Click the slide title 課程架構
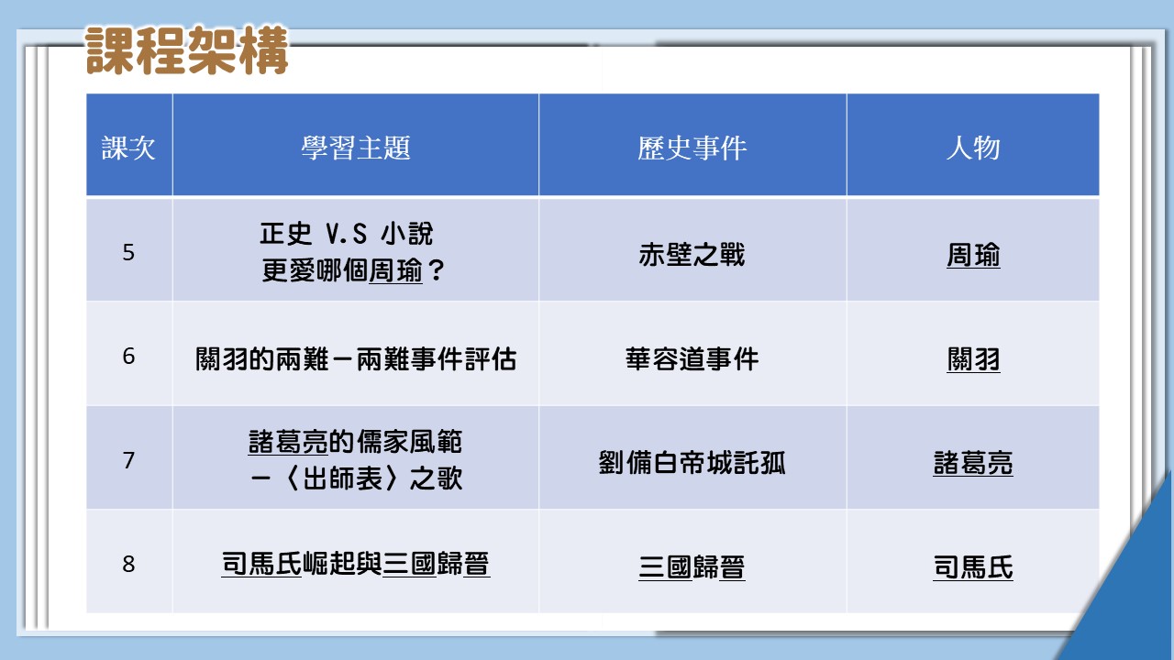click(187, 50)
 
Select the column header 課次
click(128, 148)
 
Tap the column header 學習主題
click(355, 148)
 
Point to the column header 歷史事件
click(692, 148)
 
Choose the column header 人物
click(973, 148)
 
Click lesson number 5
click(128, 252)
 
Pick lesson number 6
click(128, 357)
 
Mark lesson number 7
click(128, 460)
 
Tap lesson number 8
click(128, 564)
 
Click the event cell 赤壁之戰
click(692, 255)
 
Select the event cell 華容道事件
click(692, 359)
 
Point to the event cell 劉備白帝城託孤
click(692, 463)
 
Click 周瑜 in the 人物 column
click(973, 256)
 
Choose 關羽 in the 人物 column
click(973, 360)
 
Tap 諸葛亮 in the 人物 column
click(973, 464)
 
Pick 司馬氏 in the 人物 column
click(973, 567)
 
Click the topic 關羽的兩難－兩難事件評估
click(356, 359)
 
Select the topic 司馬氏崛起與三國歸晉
click(356, 564)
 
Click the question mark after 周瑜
click(436, 270)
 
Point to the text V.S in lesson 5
click(346, 234)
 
